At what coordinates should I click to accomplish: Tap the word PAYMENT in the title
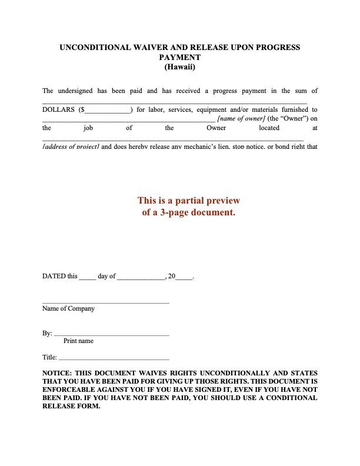180,57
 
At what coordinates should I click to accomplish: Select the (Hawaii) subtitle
180,67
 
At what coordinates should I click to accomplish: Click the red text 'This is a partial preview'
189,201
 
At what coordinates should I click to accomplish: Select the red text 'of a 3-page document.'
189,212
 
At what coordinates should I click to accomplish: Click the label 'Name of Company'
68,308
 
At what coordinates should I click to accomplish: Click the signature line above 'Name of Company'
106,302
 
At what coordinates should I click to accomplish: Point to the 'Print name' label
78,341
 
